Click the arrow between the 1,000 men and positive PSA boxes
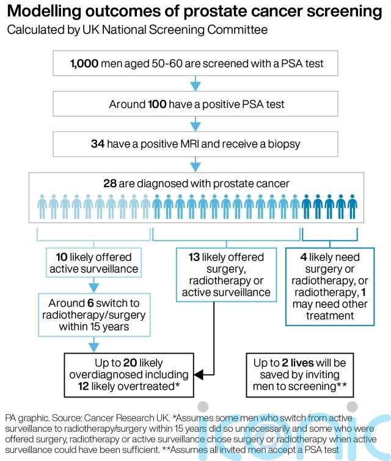(x=195, y=82)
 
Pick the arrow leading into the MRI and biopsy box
(x=195, y=124)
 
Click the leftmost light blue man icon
(x=42, y=206)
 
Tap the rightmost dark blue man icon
(x=352, y=206)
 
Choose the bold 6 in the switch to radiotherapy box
(x=86, y=303)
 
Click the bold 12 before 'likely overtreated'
(x=85, y=385)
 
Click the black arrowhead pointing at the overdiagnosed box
(x=200, y=373)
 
